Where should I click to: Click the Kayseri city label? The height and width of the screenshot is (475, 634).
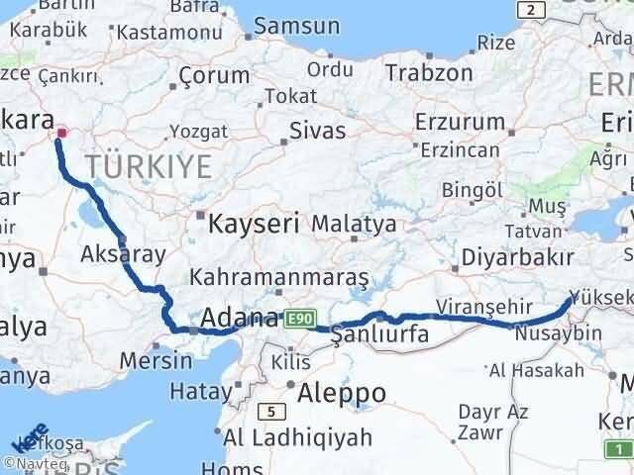pyautogui.click(x=254, y=225)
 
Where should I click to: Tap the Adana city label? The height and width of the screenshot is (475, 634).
pyautogui.click(x=239, y=318)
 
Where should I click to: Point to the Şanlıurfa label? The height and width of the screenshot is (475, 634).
pyautogui.click(x=380, y=334)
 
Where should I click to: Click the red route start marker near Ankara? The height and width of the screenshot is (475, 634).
pyautogui.click(x=61, y=132)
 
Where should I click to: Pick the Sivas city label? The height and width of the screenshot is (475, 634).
pyautogui.click(x=318, y=131)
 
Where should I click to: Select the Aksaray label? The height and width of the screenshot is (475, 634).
pyautogui.click(x=124, y=253)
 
